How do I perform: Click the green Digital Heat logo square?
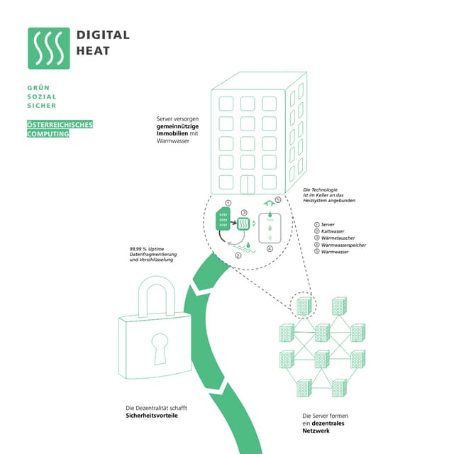[49, 48]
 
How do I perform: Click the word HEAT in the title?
[93, 50]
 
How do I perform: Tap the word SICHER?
[40, 106]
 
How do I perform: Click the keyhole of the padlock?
[157, 345]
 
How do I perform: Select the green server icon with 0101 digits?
[223, 220]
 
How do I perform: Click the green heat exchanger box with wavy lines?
[244, 223]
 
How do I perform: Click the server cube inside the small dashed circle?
[304, 306]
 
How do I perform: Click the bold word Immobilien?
[175, 133]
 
